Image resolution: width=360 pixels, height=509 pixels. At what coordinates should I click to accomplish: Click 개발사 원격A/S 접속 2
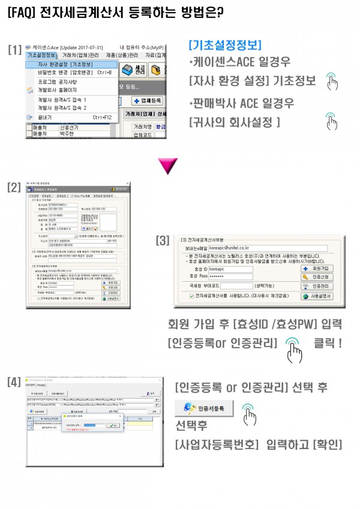tap(62, 107)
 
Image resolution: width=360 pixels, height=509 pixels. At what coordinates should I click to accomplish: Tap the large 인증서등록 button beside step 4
tap(204, 408)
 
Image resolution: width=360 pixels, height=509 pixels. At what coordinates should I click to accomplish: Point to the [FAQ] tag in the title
tap(22, 11)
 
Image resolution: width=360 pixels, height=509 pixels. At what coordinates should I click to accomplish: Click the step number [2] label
tap(14, 186)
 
